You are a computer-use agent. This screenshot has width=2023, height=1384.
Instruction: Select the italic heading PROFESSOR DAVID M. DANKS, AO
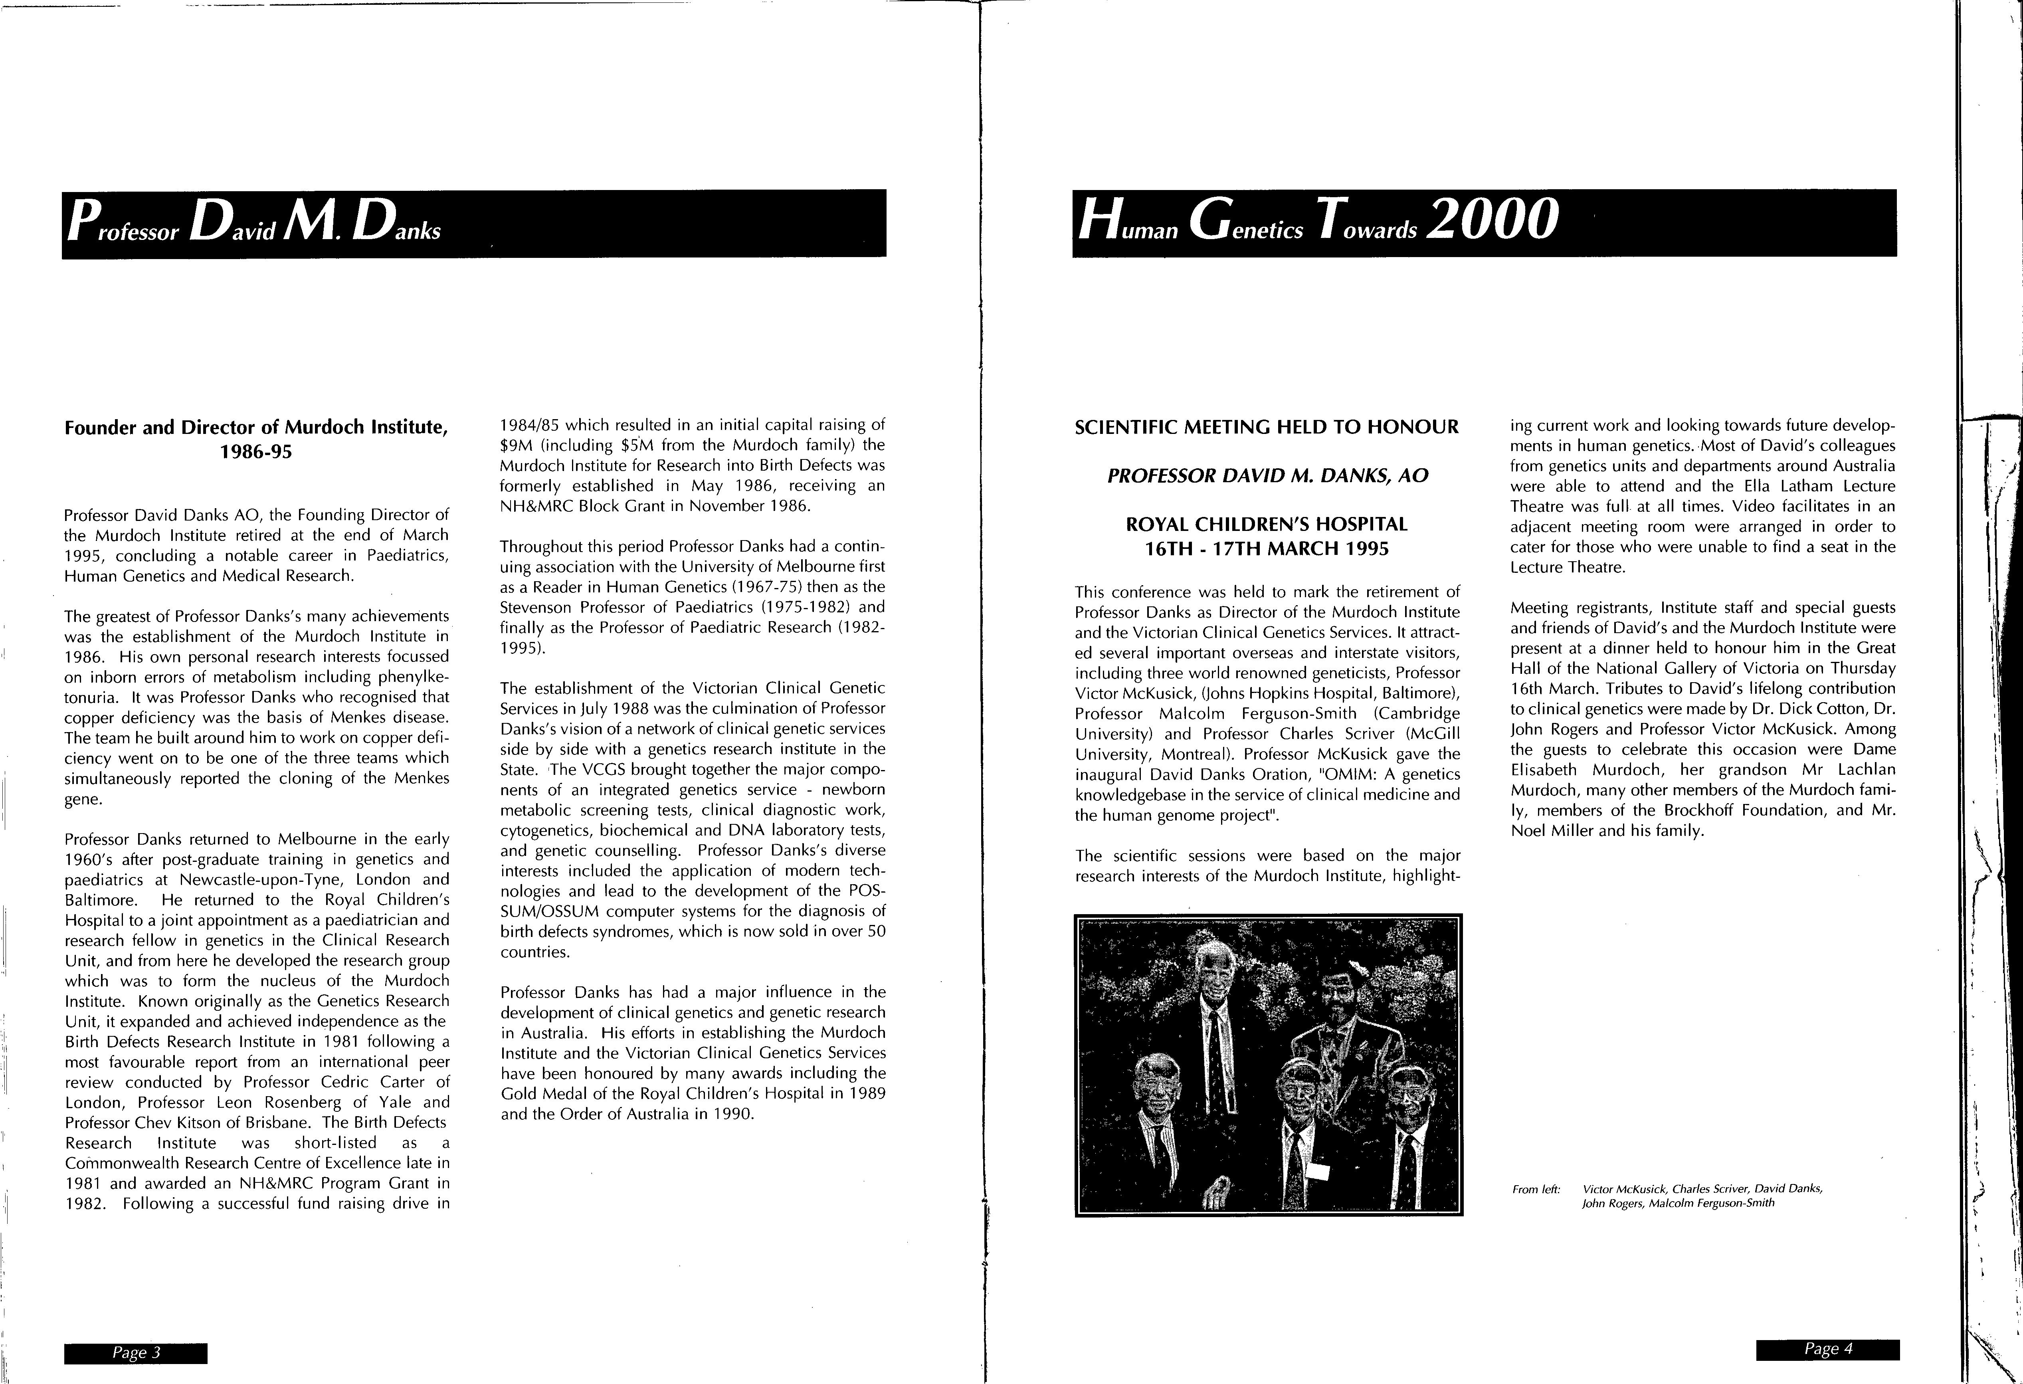click(x=1267, y=476)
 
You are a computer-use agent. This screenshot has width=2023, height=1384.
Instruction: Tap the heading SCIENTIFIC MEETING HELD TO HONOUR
click(x=1267, y=428)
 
